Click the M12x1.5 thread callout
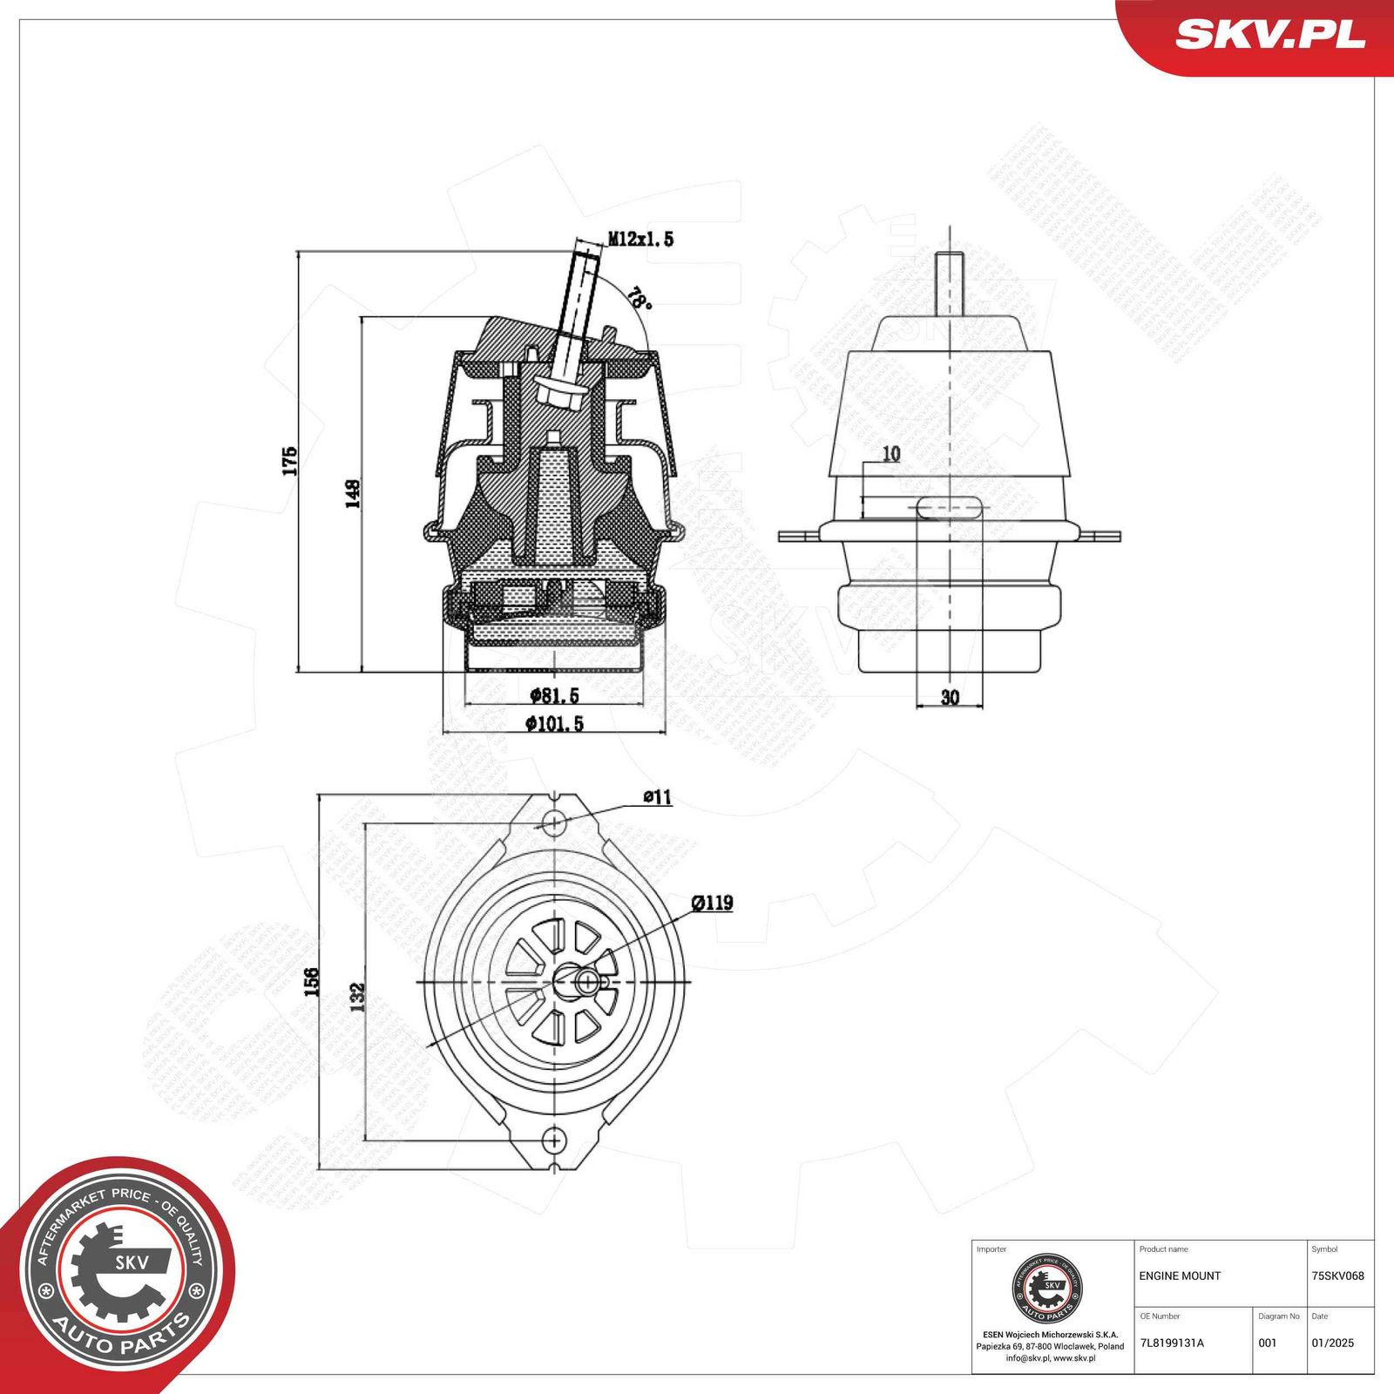pyautogui.click(x=640, y=239)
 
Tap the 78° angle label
pyautogui.click(x=639, y=300)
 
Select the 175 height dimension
pyautogui.click(x=289, y=461)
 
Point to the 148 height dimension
pyautogui.click(x=353, y=493)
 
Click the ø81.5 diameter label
pyautogui.click(x=554, y=695)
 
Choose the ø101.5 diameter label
pyautogui.click(x=554, y=723)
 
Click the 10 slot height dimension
pyautogui.click(x=890, y=454)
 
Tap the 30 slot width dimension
pyautogui.click(x=950, y=697)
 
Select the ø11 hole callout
pyautogui.click(x=657, y=797)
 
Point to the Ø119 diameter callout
pyautogui.click(x=712, y=903)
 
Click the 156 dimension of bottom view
pyautogui.click(x=312, y=982)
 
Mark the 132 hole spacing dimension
pyautogui.click(x=357, y=997)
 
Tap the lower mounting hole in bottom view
pyautogui.click(x=554, y=1138)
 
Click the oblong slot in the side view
pyautogui.click(x=950, y=507)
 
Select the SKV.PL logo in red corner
pyautogui.click(x=1269, y=35)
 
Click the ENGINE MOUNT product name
pyautogui.click(x=1180, y=1276)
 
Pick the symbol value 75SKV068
pyautogui.click(x=1337, y=1276)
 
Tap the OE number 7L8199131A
pyautogui.click(x=1171, y=1343)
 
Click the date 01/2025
pyautogui.click(x=1332, y=1343)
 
